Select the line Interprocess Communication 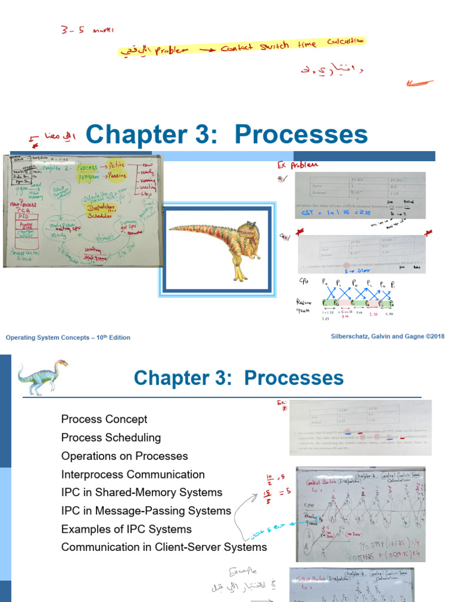(133, 474)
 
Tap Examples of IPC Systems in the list (126, 529)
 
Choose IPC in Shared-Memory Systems (142, 493)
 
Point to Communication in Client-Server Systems (164, 547)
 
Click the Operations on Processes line (124, 456)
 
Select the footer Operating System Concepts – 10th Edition (68, 337)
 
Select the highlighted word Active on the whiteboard (120, 166)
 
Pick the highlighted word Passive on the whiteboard (121, 179)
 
